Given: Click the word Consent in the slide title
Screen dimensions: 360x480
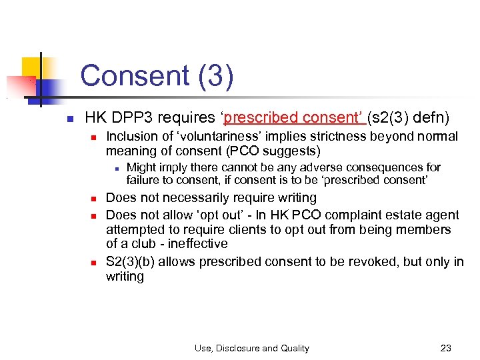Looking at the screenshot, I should pos(134,76).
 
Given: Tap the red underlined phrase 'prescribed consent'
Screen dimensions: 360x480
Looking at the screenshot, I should pos(293,118).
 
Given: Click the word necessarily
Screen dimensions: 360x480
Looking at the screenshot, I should pos(205,198).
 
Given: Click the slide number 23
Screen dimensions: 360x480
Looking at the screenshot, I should pos(446,348).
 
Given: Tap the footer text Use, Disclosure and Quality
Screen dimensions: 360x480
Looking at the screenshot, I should pos(251,348).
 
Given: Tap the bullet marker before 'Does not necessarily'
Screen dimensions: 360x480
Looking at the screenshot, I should pos(95,199).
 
